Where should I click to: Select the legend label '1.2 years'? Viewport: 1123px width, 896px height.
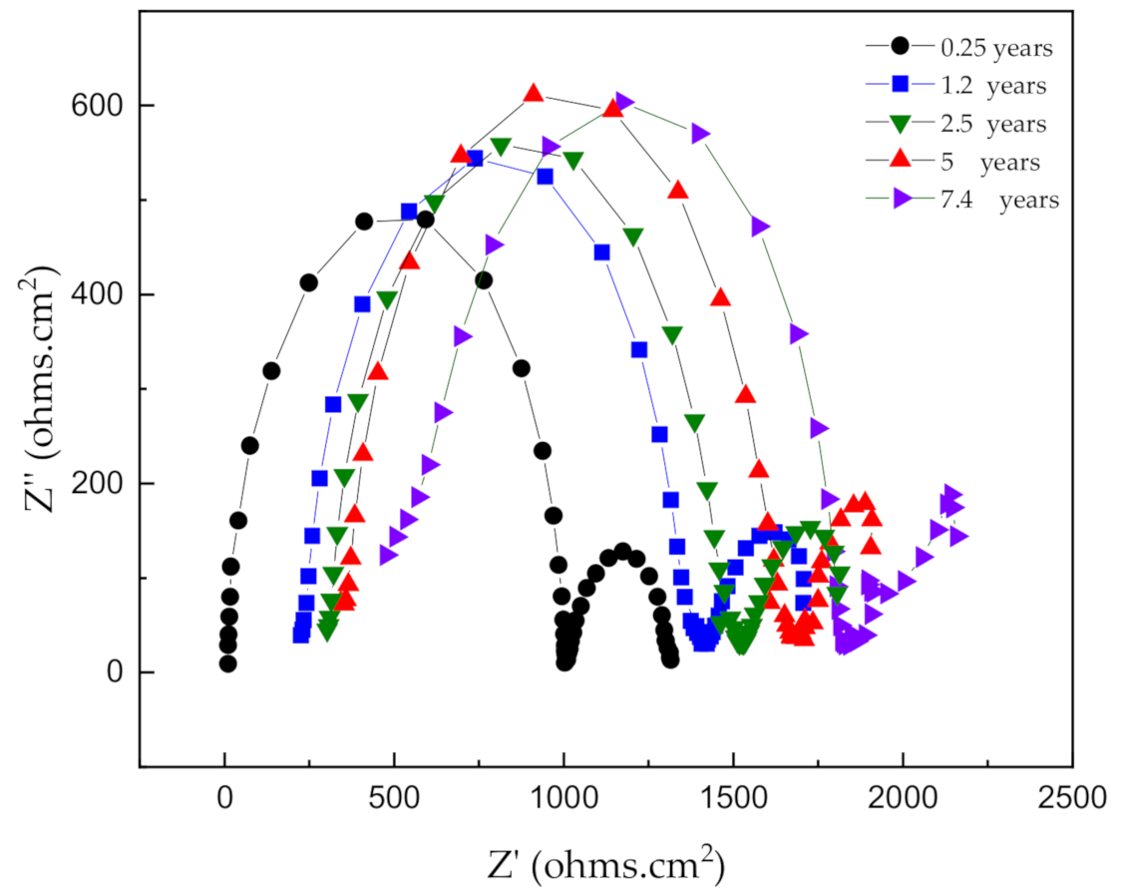click(x=993, y=85)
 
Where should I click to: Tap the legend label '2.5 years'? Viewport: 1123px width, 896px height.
click(x=993, y=124)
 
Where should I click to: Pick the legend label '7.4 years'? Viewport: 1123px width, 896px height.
click(x=999, y=200)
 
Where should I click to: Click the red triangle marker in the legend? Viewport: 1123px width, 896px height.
click(x=901, y=161)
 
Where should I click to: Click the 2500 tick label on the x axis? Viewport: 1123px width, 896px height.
click(x=1071, y=798)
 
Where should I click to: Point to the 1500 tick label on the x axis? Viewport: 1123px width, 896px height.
click(x=733, y=798)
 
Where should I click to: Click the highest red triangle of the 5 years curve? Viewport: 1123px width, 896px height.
click(x=534, y=94)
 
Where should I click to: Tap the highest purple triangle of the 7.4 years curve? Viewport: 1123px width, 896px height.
click(x=624, y=102)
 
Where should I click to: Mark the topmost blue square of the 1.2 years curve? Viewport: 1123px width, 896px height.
click(x=475, y=159)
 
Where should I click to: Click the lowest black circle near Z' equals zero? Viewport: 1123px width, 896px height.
click(x=227, y=664)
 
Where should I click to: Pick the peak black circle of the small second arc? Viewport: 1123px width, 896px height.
click(x=622, y=552)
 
